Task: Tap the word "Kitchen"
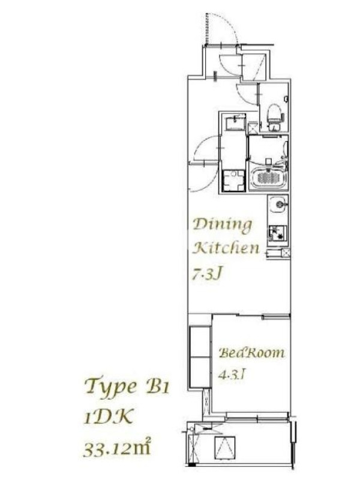227,248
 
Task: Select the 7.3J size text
206,273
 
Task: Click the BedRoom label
251,353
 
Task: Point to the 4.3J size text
232,374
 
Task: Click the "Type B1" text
127,386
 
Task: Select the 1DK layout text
109,416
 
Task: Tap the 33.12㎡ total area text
117,448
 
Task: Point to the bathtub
268,178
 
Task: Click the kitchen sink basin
279,203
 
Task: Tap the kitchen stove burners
278,233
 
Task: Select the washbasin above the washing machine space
236,124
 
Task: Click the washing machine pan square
233,181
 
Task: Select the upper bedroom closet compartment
200,341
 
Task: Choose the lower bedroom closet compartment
200,372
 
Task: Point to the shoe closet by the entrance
253,67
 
